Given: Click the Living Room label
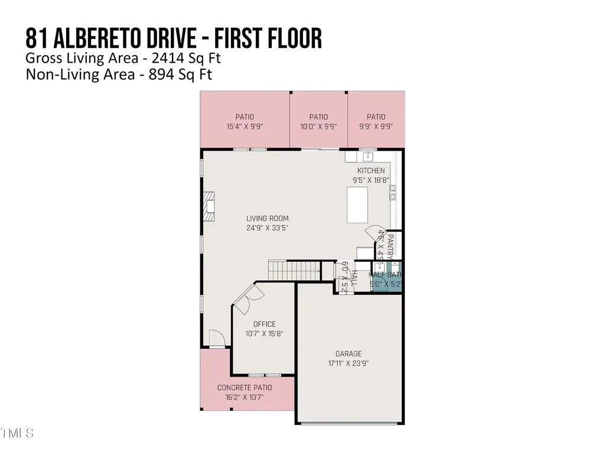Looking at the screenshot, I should coord(267,219).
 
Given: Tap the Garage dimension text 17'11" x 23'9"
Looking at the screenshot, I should coord(349,364).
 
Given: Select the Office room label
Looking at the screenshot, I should coord(264,324).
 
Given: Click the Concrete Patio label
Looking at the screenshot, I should coord(245,388).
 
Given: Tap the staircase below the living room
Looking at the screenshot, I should coord(294,271).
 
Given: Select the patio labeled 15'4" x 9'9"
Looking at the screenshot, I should coord(245,121).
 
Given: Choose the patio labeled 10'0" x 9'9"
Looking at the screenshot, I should coord(318,121).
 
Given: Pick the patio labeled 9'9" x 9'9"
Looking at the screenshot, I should coord(376,121).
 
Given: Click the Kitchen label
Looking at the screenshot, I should coord(370,171).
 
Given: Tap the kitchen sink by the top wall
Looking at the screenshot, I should coord(367,156).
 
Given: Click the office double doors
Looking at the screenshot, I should coord(247,296).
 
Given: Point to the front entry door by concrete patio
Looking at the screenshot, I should coord(217,340).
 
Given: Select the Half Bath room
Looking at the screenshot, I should coord(386,278).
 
